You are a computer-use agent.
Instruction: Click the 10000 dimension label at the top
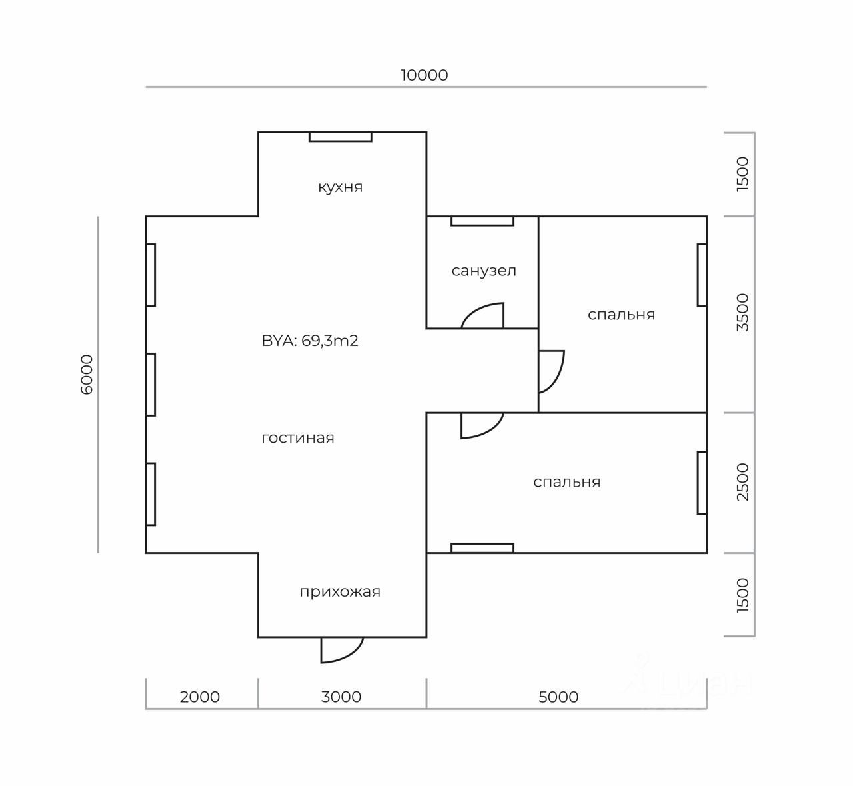(x=424, y=75)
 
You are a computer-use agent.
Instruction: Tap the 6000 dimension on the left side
(x=87, y=375)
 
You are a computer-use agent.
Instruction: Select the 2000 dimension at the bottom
(x=200, y=697)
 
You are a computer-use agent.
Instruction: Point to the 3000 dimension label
(x=341, y=697)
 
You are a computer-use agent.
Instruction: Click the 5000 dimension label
(x=558, y=697)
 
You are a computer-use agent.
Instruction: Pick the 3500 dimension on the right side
(x=743, y=312)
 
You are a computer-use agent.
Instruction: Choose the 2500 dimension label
(x=743, y=482)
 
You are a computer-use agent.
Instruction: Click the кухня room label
(x=340, y=187)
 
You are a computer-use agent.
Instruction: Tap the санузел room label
(x=484, y=271)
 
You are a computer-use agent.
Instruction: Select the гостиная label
(x=298, y=438)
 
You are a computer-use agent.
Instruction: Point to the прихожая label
(x=340, y=591)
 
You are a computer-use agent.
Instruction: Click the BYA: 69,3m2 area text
(x=310, y=341)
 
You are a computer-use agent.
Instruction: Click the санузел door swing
(x=484, y=317)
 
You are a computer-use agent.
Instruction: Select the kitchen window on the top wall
(x=340, y=137)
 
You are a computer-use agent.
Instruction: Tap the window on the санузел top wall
(x=482, y=221)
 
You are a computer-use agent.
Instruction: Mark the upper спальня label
(x=621, y=315)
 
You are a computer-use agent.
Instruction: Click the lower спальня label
(x=567, y=482)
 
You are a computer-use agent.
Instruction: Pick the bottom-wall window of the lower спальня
(x=482, y=548)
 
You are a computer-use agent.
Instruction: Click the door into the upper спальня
(x=551, y=371)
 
